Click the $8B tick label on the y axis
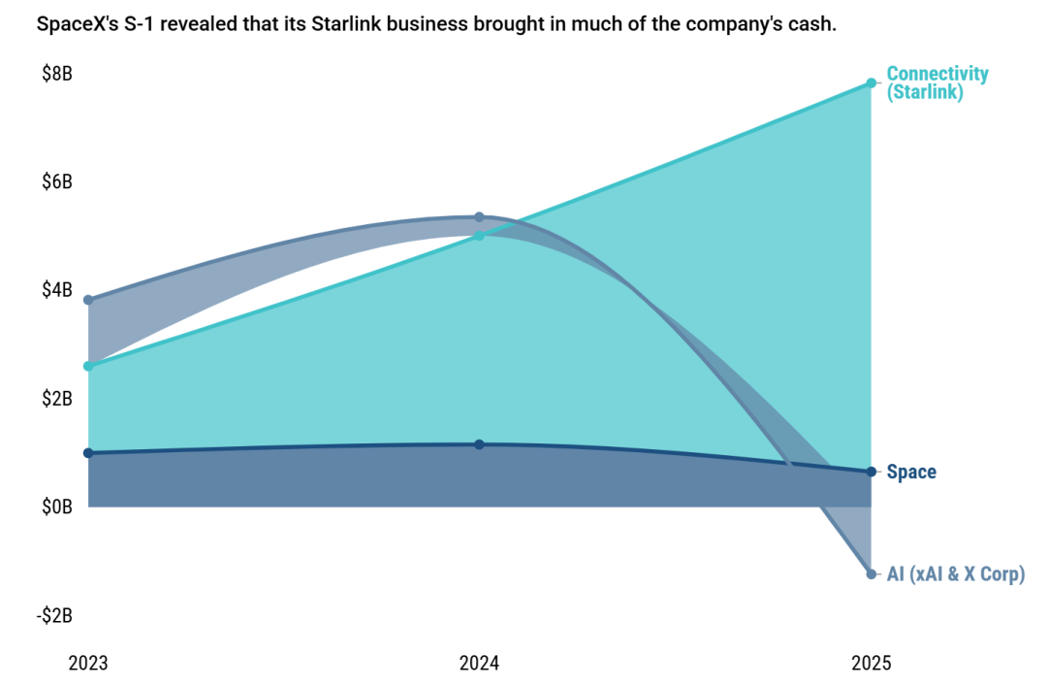[x=57, y=74]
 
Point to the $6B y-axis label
[x=57, y=181]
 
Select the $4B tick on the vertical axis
[x=57, y=290]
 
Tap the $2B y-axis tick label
[x=57, y=399]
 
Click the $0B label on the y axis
[x=57, y=506]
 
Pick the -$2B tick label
[x=54, y=615]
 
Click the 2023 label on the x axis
[x=88, y=664]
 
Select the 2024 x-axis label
[x=480, y=664]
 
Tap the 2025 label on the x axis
[x=872, y=664]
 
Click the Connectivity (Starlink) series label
[x=937, y=82]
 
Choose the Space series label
[x=911, y=472]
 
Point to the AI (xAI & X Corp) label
[x=956, y=574]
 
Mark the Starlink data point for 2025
[x=872, y=82]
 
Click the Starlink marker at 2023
[x=88, y=367]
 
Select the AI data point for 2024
[x=480, y=217]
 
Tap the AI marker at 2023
[x=88, y=300]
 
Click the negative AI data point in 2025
[x=872, y=574]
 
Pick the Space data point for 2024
[x=480, y=444]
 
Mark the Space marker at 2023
[x=88, y=453]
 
